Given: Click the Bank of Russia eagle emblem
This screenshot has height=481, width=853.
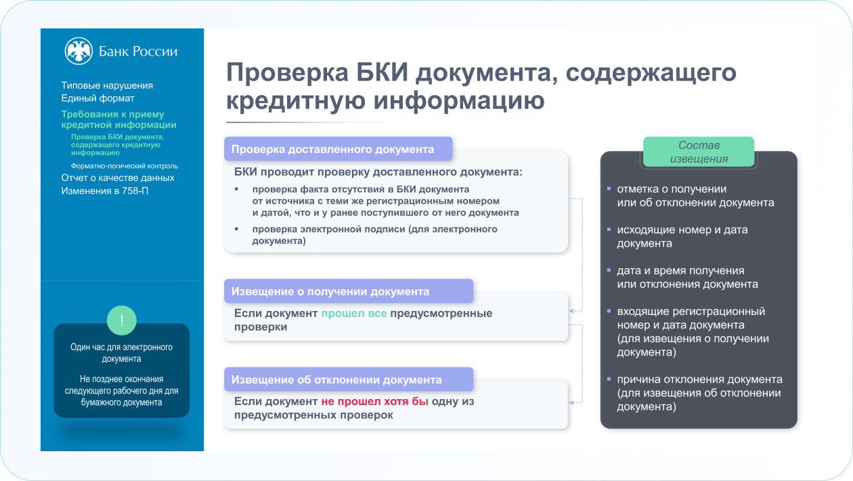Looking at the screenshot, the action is (x=79, y=51).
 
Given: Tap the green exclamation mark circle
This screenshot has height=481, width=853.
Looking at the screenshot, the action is (x=122, y=320).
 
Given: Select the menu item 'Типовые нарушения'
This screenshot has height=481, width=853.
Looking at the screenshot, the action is (x=107, y=85).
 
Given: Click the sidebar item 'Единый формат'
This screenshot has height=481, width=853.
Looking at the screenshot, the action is (x=98, y=98).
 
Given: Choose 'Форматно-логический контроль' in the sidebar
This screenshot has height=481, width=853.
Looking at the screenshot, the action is (x=125, y=166).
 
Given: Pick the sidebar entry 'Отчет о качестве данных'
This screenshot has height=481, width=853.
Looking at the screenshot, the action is (x=118, y=178).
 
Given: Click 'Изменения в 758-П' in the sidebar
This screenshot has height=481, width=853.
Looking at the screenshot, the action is (x=105, y=191).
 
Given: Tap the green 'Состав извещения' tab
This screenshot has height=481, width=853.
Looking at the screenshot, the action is (x=699, y=152).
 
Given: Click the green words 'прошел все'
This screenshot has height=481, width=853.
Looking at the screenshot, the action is (x=354, y=313).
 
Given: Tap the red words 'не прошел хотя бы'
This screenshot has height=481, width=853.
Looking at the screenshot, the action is (x=375, y=401).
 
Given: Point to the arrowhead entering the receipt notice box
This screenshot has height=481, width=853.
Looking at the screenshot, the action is (x=571, y=311).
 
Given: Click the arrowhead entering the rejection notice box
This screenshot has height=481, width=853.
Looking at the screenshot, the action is (x=571, y=402).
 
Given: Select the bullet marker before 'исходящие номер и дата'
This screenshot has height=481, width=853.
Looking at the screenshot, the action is (x=609, y=230).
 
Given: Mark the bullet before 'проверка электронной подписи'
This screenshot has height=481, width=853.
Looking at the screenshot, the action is (x=236, y=229).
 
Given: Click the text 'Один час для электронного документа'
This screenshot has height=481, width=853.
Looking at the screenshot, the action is (x=121, y=353).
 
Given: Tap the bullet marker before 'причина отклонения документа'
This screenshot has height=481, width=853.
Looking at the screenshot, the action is (x=609, y=379).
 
